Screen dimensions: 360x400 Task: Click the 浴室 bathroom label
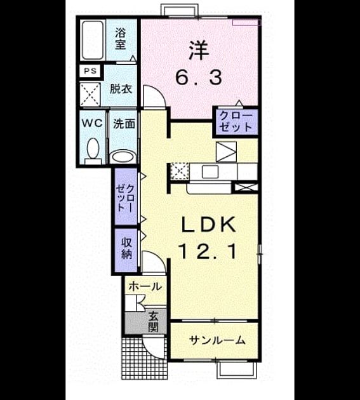[x=120, y=39]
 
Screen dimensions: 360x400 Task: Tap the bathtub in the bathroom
[x=92, y=40]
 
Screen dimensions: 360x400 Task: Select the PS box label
[x=91, y=71]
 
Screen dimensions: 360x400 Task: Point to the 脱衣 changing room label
[x=121, y=89]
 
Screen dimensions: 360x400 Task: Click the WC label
[x=92, y=124]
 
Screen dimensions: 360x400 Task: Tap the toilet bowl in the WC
[x=93, y=149]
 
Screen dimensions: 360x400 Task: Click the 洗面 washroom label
[x=124, y=124]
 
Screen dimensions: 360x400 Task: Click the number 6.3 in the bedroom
[x=199, y=78]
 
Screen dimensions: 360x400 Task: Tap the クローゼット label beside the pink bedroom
[x=236, y=121]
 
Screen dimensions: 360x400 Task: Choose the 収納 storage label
[x=126, y=248]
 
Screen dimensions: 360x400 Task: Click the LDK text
[x=208, y=225]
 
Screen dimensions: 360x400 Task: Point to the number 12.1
[x=208, y=251]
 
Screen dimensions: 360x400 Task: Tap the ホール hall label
[x=145, y=287]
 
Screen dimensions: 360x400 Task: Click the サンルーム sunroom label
[x=217, y=340]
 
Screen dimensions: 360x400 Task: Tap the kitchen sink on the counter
[x=210, y=171]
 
